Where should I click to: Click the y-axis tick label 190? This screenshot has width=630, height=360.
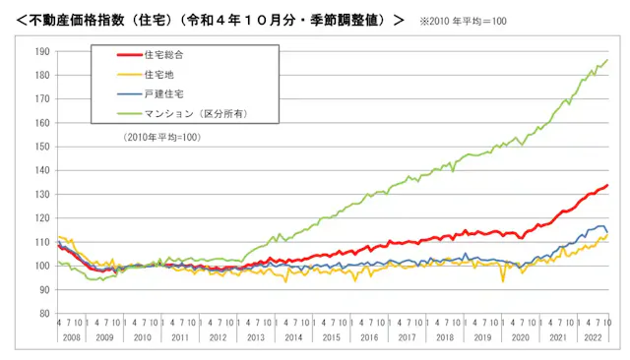coord(43,51)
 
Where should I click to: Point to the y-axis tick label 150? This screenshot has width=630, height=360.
coord(43,147)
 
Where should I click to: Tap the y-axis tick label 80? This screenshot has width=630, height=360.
coord(45,314)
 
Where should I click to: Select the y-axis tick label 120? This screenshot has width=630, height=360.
coord(43,218)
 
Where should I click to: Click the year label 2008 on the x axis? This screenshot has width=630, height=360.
coord(73,337)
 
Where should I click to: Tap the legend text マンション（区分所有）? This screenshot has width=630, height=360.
coord(192,114)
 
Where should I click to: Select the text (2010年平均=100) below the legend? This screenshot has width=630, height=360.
coord(162,138)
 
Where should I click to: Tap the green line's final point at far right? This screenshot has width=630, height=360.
coord(607,60)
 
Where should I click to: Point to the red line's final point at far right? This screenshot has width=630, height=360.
coord(607,185)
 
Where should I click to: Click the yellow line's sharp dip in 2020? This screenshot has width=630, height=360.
coord(503,281)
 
